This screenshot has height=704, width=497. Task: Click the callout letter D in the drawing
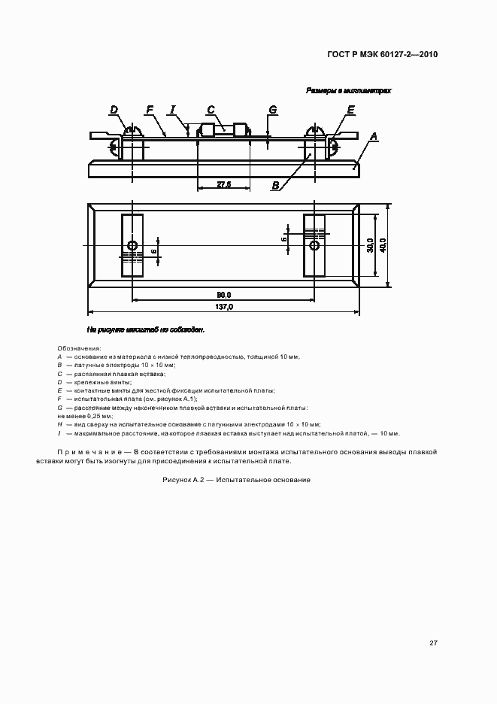(x=114, y=110)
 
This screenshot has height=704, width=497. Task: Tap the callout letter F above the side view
(x=150, y=110)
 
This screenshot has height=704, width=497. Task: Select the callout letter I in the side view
(x=173, y=110)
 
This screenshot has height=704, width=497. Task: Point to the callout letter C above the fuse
(x=211, y=110)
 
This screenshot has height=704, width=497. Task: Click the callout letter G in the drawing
(x=272, y=110)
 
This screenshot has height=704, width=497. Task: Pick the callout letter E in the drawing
(x=350, y=110)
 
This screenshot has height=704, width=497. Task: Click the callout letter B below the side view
(x=276, y=185)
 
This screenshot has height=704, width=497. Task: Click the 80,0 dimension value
(x=223, y=294)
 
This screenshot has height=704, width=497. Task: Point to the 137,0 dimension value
(x=224, y=307)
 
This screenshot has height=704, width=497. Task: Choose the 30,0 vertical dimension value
(x=370, y=244)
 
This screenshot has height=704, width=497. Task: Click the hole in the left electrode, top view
(x=132, y=245)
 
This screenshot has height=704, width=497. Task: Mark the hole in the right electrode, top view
(x=315, y=245)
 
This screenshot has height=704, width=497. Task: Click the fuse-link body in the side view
(x=223, y=129)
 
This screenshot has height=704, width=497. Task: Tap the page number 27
(x=433, y=642)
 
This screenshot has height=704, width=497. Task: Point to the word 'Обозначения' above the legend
(x=79, y=349)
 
